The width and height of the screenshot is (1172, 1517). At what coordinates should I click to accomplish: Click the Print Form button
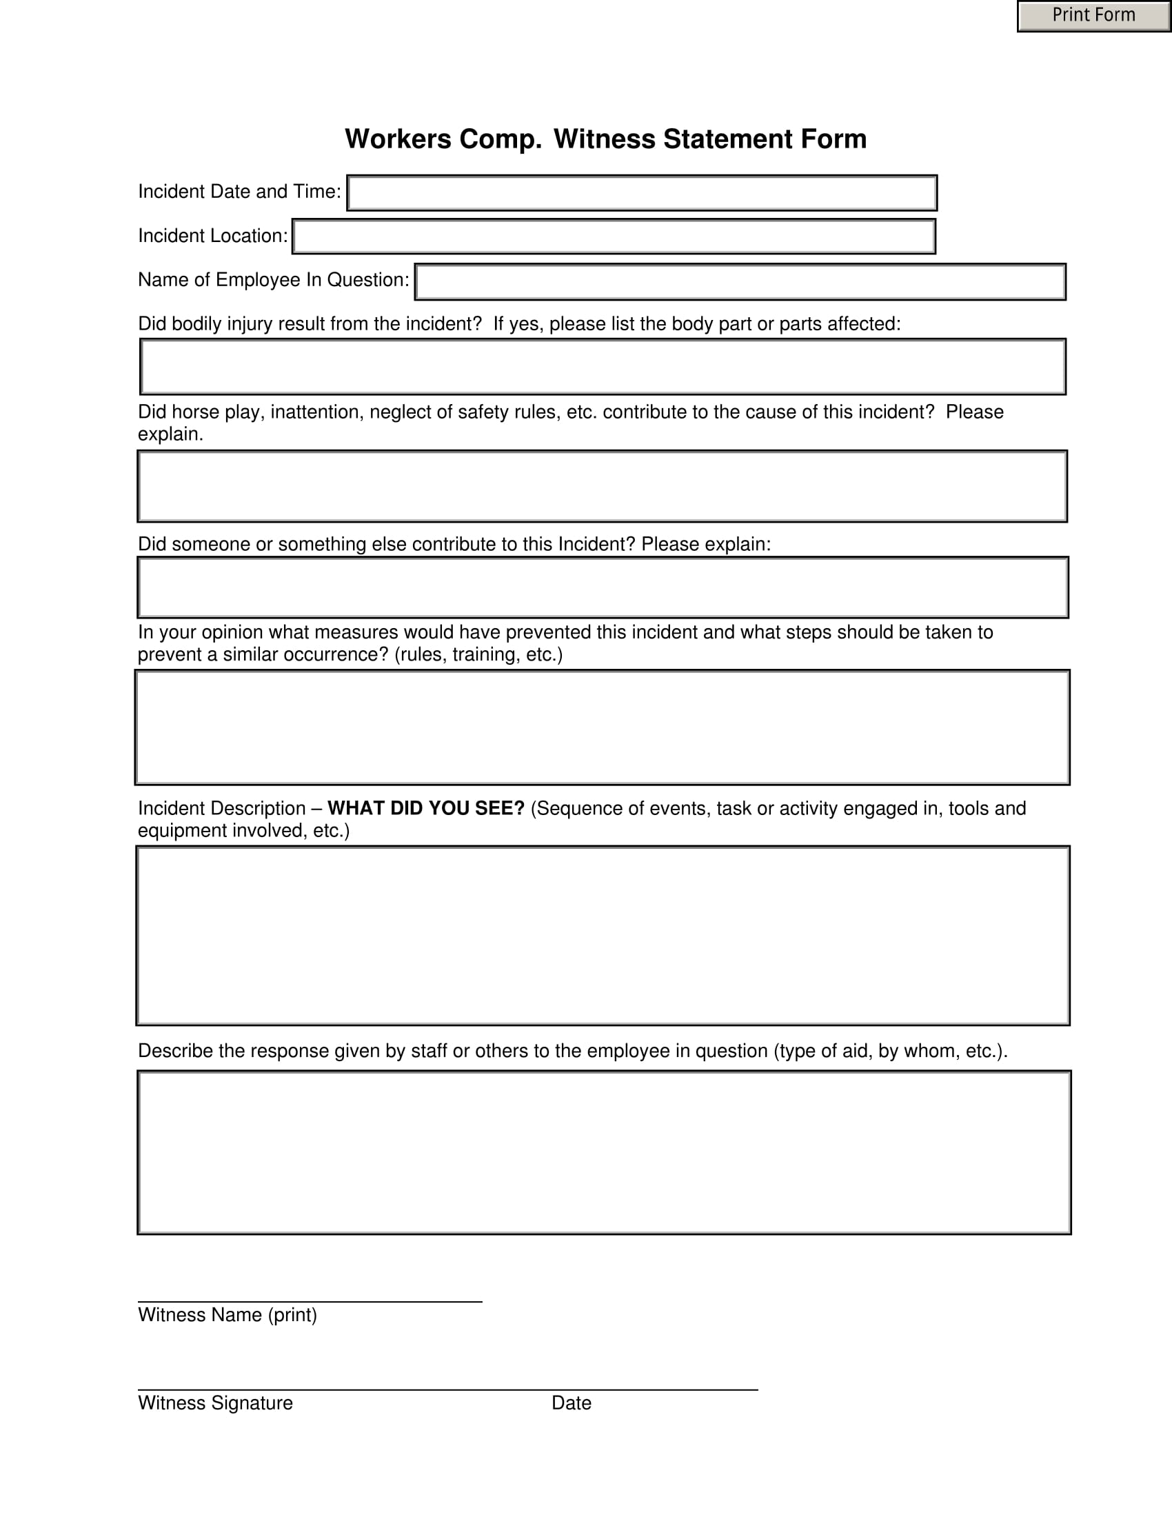(1093, 15)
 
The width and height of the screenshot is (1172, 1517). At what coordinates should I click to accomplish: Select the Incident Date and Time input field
(642, 193)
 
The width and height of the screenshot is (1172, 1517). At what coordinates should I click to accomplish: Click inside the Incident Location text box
(614, 237)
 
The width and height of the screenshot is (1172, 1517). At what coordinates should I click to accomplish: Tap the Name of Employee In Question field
(740, 282)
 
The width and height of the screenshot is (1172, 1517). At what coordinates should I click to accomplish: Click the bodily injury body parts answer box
(603, 367)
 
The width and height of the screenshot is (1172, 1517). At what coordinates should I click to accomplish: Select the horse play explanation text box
(602, 486)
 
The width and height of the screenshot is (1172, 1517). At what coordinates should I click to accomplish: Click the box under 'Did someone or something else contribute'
(603, 587)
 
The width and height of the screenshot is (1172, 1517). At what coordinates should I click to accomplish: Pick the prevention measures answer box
(602, 727)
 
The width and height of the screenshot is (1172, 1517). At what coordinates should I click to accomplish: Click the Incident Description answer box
(603, 936)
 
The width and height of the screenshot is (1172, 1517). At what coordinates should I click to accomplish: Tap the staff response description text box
(604, 1153)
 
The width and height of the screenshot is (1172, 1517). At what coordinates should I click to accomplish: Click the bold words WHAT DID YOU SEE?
(425, 809)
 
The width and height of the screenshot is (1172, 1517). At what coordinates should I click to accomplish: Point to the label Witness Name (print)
(227, 1315)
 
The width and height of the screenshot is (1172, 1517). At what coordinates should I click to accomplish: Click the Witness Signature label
(215, 1403)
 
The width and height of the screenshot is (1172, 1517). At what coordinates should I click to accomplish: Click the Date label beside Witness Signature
(572, 1403)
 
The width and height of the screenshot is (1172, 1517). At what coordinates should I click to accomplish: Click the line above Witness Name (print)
(310, 1302)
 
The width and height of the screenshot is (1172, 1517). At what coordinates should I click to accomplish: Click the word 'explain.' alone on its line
(170, 434)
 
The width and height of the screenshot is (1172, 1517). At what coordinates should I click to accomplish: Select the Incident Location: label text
(212, 236)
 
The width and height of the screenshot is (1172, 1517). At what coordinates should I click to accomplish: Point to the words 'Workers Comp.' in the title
(443, 139)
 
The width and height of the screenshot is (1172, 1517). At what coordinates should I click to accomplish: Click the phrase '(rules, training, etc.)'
(478, 654)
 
